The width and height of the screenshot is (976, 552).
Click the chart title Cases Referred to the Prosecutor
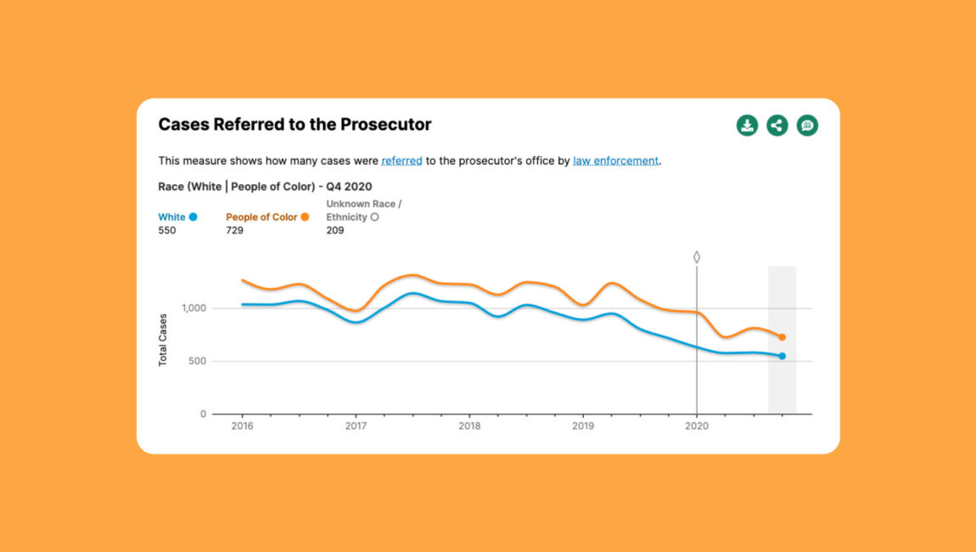294,125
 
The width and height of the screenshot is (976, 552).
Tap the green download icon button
747,126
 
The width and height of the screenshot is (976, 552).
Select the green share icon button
777,126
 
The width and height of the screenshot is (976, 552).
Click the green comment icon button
807,126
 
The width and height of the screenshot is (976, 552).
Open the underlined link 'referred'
401,161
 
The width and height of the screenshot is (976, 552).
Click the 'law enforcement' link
615,161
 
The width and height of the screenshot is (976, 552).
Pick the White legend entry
171,217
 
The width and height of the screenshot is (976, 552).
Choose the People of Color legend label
261,217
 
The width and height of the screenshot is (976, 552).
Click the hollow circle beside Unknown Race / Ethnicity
374,217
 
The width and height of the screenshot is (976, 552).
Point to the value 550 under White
167,230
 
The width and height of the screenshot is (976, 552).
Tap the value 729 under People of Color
234,230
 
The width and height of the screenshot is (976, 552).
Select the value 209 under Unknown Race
335,230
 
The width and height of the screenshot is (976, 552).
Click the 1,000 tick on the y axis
194,308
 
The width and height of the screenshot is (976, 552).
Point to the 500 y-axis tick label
197,362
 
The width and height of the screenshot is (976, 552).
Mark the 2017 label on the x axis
356,425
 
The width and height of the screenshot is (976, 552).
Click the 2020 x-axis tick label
696,425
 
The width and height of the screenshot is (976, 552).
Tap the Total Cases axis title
163,340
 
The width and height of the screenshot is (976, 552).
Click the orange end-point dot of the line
782,337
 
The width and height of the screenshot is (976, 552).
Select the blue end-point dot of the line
782,356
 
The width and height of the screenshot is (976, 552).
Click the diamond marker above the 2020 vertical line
697,256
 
